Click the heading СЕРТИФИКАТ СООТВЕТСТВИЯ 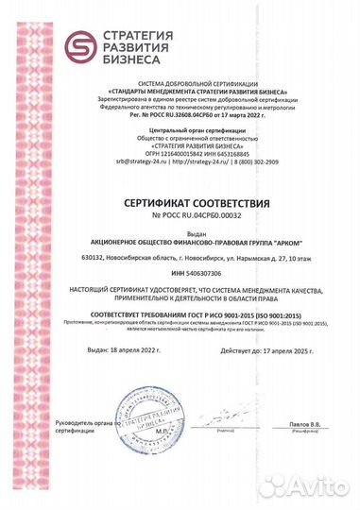[180, 203]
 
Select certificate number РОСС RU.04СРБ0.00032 [185, 216]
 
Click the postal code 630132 [96, 256]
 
